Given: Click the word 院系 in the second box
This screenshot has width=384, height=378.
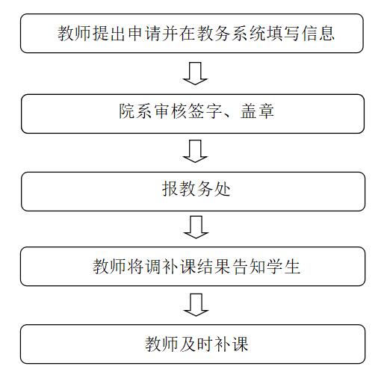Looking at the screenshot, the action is click(135, 111).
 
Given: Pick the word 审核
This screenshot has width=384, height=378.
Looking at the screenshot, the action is click(170, 111).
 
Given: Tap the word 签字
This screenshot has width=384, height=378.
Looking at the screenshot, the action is click(205, 111).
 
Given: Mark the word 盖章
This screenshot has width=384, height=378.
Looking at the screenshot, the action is click(257, 111).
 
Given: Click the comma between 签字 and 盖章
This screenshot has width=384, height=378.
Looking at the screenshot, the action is click(228, 116).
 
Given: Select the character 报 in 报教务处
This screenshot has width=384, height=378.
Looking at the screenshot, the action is click(170, 188).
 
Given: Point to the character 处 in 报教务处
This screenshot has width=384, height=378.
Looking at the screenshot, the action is click(222, 188).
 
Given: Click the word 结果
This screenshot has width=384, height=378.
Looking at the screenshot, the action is click(214, 267).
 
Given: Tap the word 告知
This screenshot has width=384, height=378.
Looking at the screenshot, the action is click(249, 267).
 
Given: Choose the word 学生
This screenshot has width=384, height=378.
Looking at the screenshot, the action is click(283, 267).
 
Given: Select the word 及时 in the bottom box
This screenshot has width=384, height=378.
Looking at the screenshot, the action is click(196, 344).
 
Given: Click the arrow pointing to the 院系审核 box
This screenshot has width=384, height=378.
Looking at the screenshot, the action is click(195, 74).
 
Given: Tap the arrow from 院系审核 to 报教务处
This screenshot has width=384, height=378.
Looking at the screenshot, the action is click(195, 152).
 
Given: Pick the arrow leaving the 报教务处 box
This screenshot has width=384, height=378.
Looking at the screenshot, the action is click(196, 227).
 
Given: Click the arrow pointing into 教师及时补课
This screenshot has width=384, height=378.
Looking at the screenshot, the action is click(196, 305).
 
